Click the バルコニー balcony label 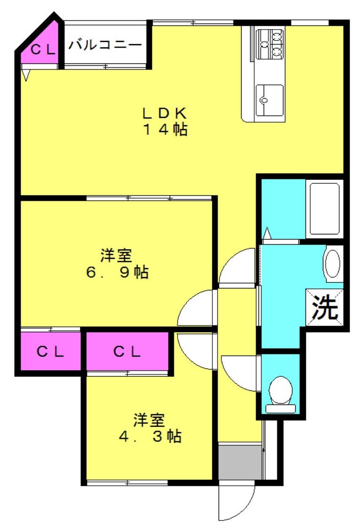pos(105,45)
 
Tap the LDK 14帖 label pos(164,121)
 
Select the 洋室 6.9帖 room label pos(117,264)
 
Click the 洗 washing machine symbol pos(325,307)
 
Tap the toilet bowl pos(280,394)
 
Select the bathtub pos(324,209)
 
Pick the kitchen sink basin pos(269,100)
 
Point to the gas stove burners pos(270,44)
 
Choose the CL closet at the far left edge pos(50,351)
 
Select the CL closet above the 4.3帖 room pos(127,351)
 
